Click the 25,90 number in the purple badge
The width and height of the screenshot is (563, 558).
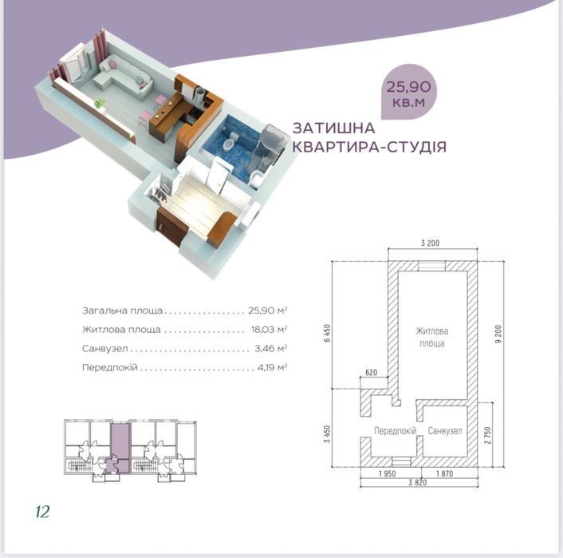408,87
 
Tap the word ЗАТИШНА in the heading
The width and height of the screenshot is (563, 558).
334,128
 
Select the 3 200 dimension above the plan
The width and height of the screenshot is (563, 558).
430,243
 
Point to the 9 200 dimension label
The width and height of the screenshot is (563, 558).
498,334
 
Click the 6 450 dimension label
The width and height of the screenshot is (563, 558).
327,333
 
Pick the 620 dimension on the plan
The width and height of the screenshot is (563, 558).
372,372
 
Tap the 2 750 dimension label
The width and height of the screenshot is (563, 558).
487,435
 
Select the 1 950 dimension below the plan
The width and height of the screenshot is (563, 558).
387,473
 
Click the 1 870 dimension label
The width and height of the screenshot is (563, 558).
444,473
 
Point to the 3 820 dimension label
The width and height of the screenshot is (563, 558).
418,482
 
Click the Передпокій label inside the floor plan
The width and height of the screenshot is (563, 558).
395,431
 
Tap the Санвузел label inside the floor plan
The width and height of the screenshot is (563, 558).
444,431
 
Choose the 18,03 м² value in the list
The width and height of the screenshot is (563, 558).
269,329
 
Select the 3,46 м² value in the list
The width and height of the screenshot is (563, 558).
270,348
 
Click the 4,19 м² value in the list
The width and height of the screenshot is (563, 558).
272,367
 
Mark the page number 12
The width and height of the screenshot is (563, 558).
42,511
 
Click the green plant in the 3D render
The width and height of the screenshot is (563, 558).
99,103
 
